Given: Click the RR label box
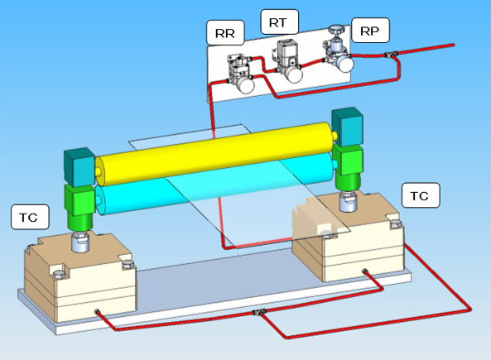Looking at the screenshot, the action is coord(225,32).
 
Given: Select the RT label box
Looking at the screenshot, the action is coord(279,22).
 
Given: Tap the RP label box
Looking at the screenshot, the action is coord(370,31).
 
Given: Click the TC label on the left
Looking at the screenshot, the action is coord(30,217).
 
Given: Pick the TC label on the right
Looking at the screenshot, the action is coord(421,195).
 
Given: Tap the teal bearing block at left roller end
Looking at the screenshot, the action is coord(79,167).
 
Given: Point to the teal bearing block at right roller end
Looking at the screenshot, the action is coord(347,127).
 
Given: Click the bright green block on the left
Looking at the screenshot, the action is coord(79,207).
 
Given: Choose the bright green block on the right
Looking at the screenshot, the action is coord(348,166).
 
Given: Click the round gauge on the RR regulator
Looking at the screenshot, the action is coord(245,85).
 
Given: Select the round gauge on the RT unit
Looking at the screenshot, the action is coord(294,74).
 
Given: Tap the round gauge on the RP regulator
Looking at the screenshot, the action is coord(345,65).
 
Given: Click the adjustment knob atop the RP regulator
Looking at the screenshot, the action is coord(336,30).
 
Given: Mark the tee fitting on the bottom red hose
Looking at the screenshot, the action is coord(259,312).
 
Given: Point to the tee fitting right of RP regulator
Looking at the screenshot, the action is coord(391,55).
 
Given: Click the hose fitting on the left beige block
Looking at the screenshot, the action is coord(98,312).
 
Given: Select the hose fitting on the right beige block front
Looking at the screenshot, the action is coord(364,271).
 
